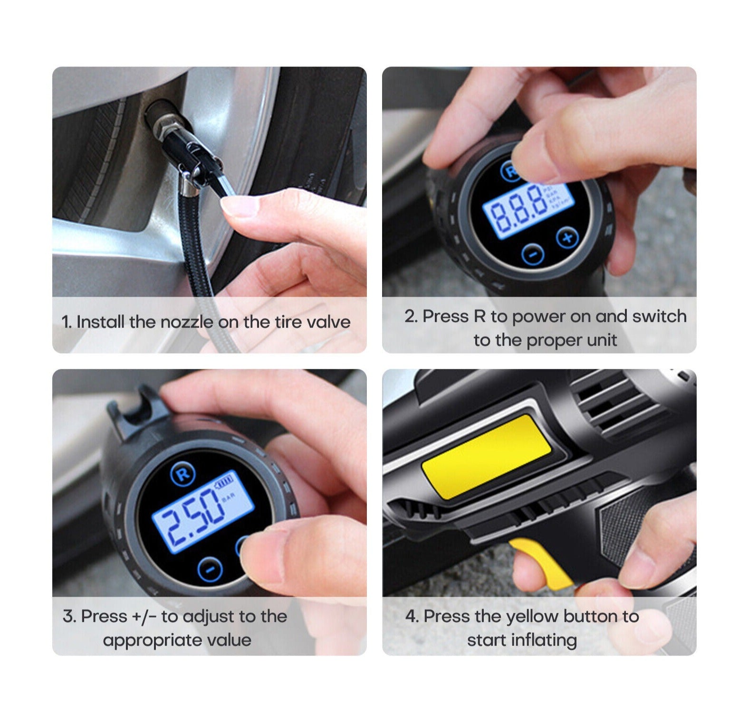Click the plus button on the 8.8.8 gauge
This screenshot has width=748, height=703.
[x=567, y=237]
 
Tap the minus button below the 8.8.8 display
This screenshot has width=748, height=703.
[x=533, y=253]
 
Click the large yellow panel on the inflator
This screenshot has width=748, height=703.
[x=486, y=456]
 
